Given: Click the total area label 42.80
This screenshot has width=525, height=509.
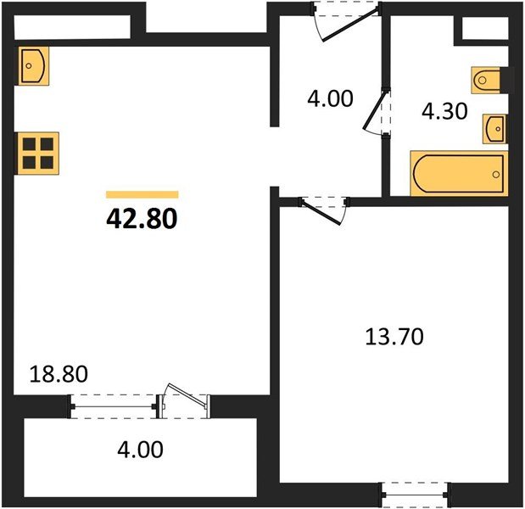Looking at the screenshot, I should tap(142, 220).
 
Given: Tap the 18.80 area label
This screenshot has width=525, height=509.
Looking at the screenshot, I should tap(59, 372).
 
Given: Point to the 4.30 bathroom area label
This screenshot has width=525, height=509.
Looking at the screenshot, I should tap(444, 111).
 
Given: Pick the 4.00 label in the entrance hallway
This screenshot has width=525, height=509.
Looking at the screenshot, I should tap(329, 98).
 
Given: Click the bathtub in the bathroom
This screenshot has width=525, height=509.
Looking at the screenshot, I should tap(459, 173).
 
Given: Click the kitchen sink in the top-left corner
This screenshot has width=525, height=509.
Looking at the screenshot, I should tap(33, 64).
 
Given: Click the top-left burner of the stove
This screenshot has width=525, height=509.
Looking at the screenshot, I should tap(28, 144).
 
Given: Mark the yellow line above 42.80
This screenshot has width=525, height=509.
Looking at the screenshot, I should tap(142, 194).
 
